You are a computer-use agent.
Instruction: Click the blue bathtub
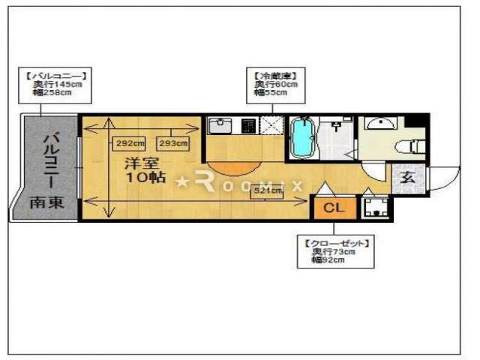[301, 139]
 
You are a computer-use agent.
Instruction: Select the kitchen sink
[220, 125]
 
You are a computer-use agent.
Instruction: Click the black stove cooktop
[247, 125]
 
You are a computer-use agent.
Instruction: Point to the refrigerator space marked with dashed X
[271, 125]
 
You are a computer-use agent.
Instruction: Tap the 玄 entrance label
[407, 178]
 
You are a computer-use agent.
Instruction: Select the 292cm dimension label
[129, 143]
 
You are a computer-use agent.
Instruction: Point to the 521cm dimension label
[267, 191]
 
